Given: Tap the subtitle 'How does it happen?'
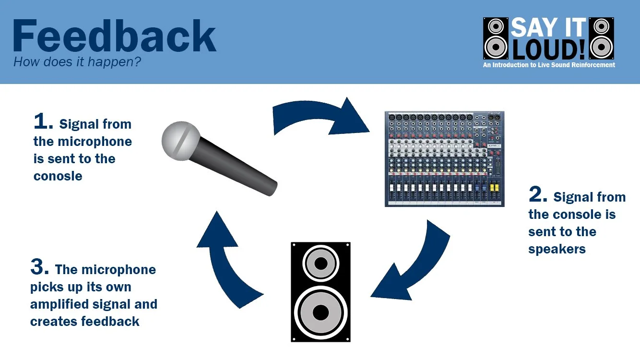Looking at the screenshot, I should point(77,62).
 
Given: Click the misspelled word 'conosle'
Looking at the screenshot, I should point(58,176).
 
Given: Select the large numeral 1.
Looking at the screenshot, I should point(43,122).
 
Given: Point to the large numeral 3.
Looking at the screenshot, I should point(40,267).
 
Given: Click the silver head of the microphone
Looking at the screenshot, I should point(180,140).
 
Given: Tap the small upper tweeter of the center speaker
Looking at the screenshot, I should point(320,264).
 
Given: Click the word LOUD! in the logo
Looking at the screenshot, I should point(559,49).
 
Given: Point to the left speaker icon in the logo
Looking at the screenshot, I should point(496,39).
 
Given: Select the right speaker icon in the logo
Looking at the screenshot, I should point(602,39).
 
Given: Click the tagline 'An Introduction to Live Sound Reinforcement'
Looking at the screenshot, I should point(549,65).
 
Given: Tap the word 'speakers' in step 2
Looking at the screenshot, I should point(557,249).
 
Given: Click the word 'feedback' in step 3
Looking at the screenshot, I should point(110,321).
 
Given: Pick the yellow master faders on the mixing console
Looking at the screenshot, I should point(493,187).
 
